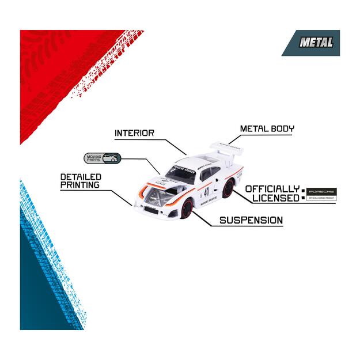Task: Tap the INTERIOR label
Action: pyautogui.click(x=134, y=133)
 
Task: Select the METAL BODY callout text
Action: pyautogui.click(x=266, y=128)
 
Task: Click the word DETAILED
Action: pyautogui.click(x=81, y=176)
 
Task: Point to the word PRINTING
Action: pyautogui.click(x=80, y=185)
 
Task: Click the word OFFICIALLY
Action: pyautogui.click(x=272, y=188)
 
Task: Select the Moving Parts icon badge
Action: pyautogui.click(x=102, y=158)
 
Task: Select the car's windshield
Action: pyautogui.click(x=181, y=172)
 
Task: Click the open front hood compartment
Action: pyautogui.click(x=159, y=196)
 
